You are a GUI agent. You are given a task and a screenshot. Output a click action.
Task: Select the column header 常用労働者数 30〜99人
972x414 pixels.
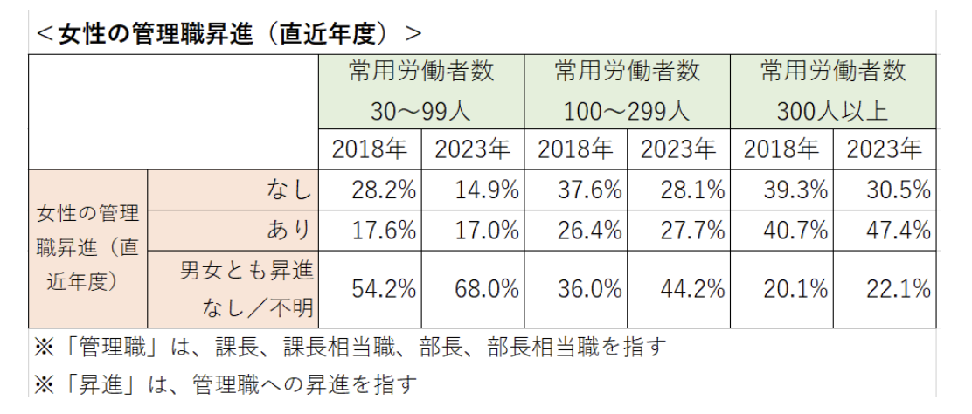pyautogui.click(x=421, y=91)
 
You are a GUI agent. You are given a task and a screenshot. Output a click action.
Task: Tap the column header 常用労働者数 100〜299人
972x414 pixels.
pyautogui.click(x=627, y=91)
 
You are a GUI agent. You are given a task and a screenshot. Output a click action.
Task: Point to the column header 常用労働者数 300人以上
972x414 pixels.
pyautogui.click(x=833, y=91)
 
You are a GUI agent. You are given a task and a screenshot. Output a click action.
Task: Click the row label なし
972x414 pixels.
pyautogui.click(x=288, y=190)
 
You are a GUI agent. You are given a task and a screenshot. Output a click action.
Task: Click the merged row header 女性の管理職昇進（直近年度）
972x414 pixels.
pyautogui.click(x=87, y=249)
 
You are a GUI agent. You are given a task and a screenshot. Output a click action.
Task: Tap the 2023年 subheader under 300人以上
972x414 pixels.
pyautogui.click(x=885, y=149)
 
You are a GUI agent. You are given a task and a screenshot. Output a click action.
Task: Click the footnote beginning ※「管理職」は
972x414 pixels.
pyautogui.click(x=350, y=347)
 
